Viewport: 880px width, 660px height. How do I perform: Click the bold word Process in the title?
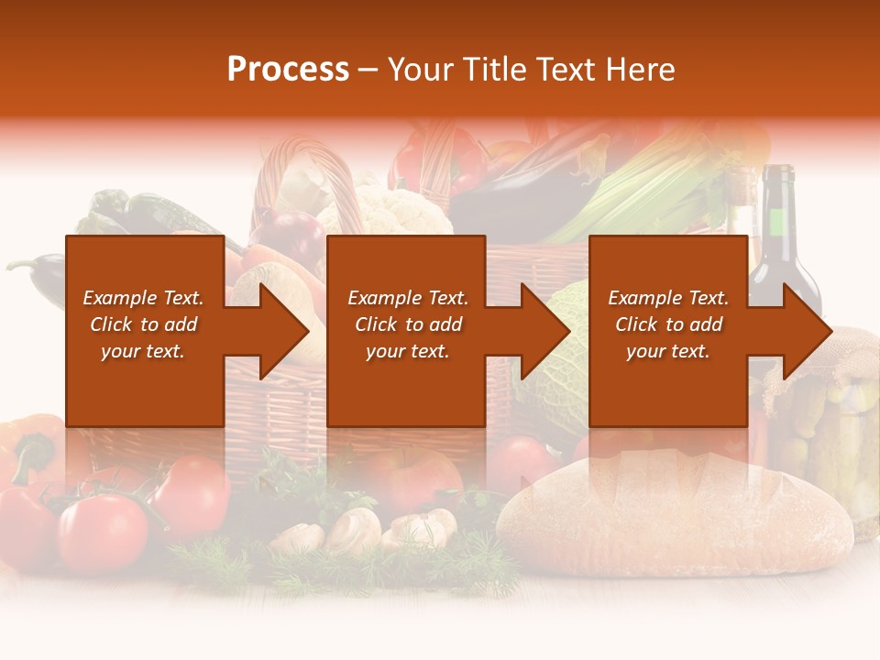[288, 70]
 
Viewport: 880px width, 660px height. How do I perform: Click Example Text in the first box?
[144, 298]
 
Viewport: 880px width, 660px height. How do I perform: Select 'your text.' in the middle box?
[407, 351]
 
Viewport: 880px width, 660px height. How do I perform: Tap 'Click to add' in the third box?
[668, 324]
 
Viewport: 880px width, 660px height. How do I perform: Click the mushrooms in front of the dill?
[353, 529]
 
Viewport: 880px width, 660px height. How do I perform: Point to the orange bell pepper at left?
[32, 449]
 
